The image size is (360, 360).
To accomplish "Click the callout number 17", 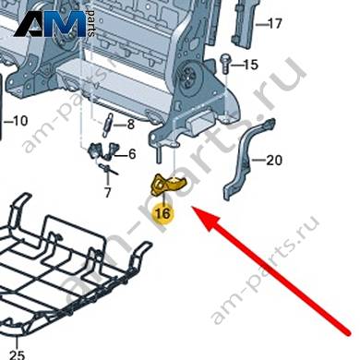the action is [x=274, y=23].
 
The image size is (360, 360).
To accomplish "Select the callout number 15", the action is [x=250, y=65].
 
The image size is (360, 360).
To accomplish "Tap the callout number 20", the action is [x=274, y=160].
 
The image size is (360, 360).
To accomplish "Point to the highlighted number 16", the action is [x=163, y=213].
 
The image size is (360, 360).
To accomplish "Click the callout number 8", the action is [x=131, y=125].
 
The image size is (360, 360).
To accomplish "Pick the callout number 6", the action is [x=132, y=154].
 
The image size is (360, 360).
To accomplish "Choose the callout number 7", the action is [x=107, y=193].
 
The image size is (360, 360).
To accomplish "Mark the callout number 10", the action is [x=20, y=121].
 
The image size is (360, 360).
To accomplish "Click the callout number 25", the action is [x=17, y=354].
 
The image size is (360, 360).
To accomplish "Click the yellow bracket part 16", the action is [x=168, y=185].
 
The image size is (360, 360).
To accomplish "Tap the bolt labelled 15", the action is [x=225, y=64].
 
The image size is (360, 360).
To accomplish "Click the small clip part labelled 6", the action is [x=104, y=150].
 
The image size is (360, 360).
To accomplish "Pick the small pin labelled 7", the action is [x=108, y=170].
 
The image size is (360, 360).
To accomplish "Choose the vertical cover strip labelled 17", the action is [x=244, y=25].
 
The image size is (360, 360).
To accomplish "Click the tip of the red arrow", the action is [x=193, y=208].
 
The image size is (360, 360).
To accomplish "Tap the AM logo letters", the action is [x=50, y=24].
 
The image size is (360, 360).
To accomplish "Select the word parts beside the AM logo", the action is [x=91, y=23].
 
